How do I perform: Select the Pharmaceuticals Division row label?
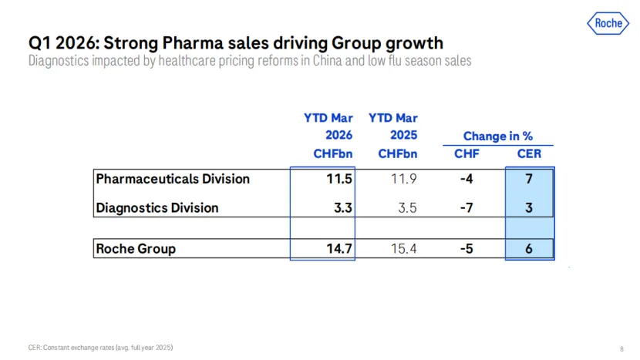(x=173, y=179)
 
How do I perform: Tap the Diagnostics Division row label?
(x=157, y=207)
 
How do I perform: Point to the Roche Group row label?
(x=135, y=248)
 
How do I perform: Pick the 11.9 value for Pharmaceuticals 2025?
(x=403, y=179)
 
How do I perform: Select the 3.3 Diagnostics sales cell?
(x=343, y=207)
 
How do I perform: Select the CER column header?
(x=529, y=153)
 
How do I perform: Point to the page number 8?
(x=621, y=348)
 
